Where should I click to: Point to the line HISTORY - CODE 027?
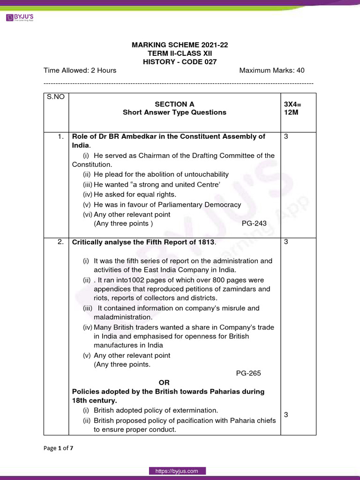click(180, 61)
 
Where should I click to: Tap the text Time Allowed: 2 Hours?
click(80, 70)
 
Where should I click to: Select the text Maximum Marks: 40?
click(271, 70)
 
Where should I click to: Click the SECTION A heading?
click(174, 104)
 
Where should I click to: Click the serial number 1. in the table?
click(60, 136)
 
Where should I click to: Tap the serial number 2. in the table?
click(60, 242)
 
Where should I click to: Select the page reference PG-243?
click(254, 224)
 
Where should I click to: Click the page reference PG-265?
click(248, 374)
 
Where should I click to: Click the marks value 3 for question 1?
click(286, 136)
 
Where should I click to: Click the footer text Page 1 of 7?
click(58, 448)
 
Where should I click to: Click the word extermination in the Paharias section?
click(196, 410)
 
